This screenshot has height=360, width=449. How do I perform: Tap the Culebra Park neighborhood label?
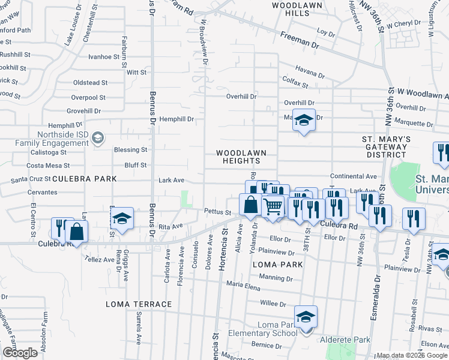click(x=80, y=179)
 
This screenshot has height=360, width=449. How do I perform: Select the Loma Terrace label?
click(x=139, y=304)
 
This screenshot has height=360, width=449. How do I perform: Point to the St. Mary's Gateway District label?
click(x=386, y=147)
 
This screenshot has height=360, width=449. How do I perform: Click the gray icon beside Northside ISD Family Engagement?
click(x=97, y=139)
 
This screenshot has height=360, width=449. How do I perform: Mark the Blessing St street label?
click(x=131, y=149)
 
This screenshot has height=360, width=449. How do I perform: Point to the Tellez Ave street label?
click(x=100, y=260)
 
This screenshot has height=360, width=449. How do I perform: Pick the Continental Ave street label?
click(x=353, y=176)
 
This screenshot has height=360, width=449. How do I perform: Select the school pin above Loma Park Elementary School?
click(x=305, y=317)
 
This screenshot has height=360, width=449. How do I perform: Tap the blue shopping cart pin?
click(x=273, y=206)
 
